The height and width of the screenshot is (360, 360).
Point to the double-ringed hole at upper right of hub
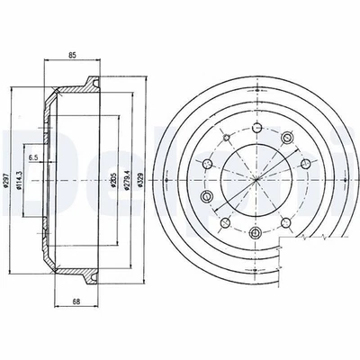point(288,136)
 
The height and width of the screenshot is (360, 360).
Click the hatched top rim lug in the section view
point(90,85)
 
